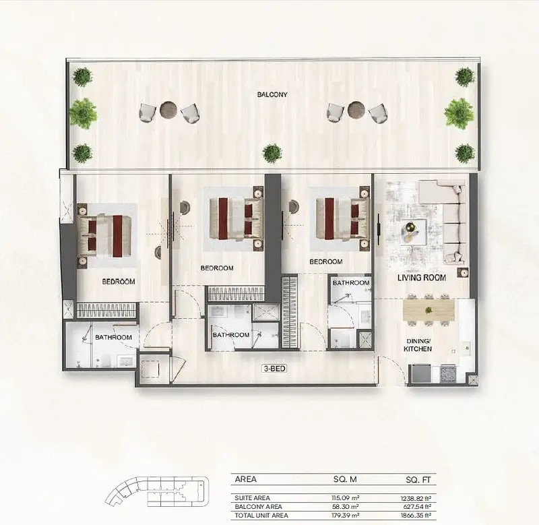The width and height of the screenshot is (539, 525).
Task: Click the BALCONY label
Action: tap(272, 94)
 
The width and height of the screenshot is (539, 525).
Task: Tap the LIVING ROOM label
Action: tap(422, 278)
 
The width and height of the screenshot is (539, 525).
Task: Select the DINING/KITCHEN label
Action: tap(418, 345)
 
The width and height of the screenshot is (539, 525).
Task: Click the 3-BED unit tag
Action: tap(274, 369)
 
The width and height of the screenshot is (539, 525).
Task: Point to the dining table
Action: tap(429, 309)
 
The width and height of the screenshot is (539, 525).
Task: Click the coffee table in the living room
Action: tap(413, 232)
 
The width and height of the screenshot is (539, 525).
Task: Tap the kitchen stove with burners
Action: tap(448, 374)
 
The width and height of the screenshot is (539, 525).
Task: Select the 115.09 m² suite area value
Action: tap(346, 497)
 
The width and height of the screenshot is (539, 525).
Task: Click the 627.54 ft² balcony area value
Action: tap(417, 506)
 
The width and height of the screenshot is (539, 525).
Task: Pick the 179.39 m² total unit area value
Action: tap(345, 516)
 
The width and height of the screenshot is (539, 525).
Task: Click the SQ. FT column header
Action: tap(418, 480)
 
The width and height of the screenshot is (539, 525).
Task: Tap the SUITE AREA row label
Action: tap(252, 498)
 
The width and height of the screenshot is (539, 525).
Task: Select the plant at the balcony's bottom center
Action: tap(272, 154)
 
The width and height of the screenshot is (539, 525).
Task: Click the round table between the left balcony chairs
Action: tap(169, 110)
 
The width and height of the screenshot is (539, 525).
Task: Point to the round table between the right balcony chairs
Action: tap(356, 110)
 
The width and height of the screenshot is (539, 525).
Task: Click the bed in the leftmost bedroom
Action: tap(104, 235)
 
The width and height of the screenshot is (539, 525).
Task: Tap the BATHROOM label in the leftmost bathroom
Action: tap(113, 337)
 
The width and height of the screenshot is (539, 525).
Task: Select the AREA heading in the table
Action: tap(246, 479)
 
